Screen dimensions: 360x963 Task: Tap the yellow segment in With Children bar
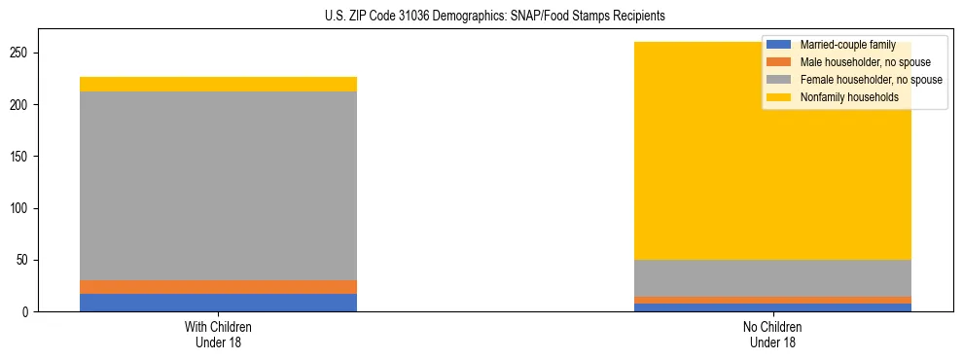click(218, 84)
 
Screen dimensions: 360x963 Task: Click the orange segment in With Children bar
click(218, 287)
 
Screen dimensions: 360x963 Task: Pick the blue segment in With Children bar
click(218, 303)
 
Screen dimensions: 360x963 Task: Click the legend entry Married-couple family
click(842, 45)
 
